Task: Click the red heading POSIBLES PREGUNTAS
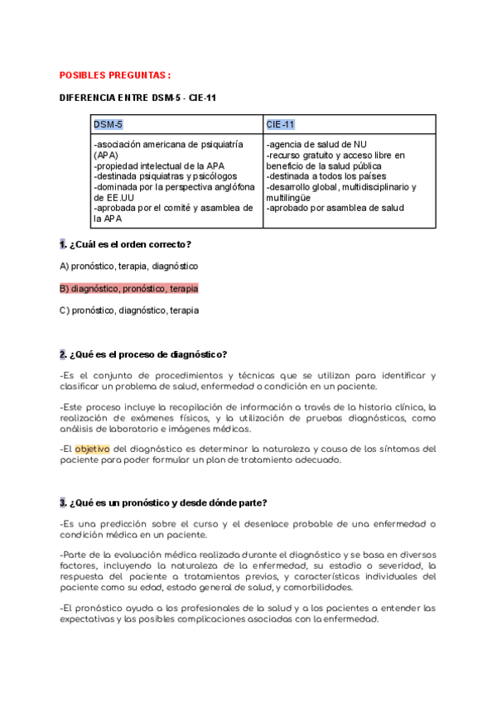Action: click(x=114, y=75)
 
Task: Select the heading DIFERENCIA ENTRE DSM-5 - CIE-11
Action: click(x=138, y=98)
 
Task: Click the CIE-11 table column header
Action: click(x=280, y=125)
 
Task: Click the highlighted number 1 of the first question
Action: click(x=63, y=244)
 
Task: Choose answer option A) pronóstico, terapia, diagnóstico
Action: click(x=128, y=267)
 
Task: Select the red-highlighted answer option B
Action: click(x=128, y=289)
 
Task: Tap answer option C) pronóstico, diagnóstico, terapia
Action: click(x=128, y=310)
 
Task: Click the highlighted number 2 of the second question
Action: click(x=63, y=355)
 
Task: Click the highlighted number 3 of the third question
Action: click(x=63, y=502)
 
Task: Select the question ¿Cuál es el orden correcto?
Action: click(x=130, y=244)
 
